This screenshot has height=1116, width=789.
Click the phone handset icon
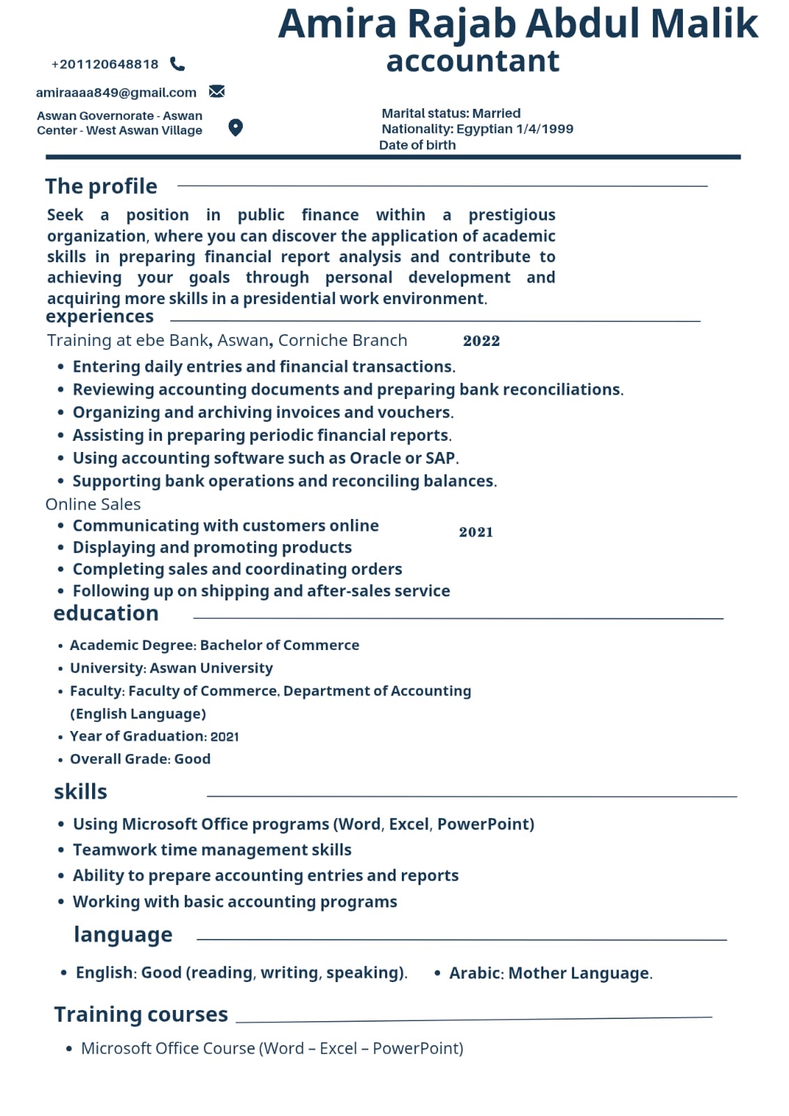pyautogui.click(x=178, y=64)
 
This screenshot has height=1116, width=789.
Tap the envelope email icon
pyautogui.click(x=217, y=91)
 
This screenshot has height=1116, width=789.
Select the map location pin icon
pyautogui.click(x=236, y=127)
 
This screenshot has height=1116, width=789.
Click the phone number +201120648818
pyautogui.click(x=105, y=64)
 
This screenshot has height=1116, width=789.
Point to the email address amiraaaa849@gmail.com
pyautogui.click(x=116, y=92)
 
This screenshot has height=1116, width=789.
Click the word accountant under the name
pyautogui.click(x=472, y=61)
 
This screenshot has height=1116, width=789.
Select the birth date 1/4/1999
pyautogui.click(x=545, y=129)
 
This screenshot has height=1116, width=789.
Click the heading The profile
pyautogui.click(x=101, y=186)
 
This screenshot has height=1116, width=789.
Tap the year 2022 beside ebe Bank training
pyautogui.click(x=481, y=341)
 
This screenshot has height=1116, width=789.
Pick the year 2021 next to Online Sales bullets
pyautogui.click(x=476, y=532)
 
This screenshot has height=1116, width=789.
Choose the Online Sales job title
pyautogui.click(x=93, y=504)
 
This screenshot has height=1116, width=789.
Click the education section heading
pyautogui.click(x=106, y=613)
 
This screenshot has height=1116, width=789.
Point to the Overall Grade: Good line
pyautogui.click(x=140, y=759)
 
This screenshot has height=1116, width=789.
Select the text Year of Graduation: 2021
pyautogui.click(x=154, y=736)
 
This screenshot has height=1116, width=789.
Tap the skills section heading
pyautogui.click(x=80, y=792)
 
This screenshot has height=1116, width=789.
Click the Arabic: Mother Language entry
pyautogui.click(x=550, y=973)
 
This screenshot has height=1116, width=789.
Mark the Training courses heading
pyautogui.click(x=141, y=1014)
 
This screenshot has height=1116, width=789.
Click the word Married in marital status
pyautogui.click(x=496, y=113)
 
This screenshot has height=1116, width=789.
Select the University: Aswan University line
pyautogui.click(x=171, y=668)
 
